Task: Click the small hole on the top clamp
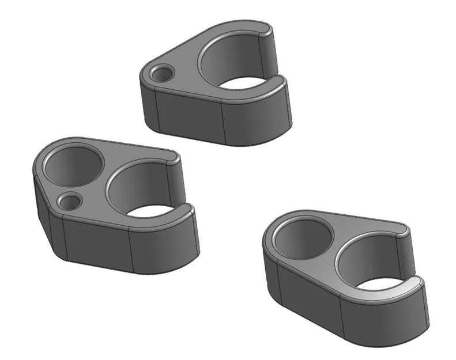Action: [x=162, y=74]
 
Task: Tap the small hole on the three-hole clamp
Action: [x=70, y=202]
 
